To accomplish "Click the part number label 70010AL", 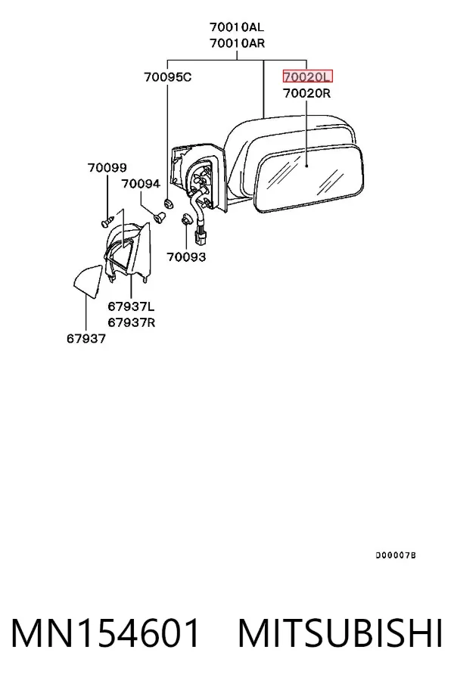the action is pos(237,27).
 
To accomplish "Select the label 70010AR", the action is pos(237,43).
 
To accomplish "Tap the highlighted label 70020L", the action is pos(307,77).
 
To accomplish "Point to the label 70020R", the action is pos(306,93).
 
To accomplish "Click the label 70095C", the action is pos(168,77).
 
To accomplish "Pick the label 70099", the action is pos(107,168).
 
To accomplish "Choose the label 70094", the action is pos(141,184).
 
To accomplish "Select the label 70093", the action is pos(186,256).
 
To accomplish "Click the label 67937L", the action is pos(131,306).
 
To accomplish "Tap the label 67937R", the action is pos(132,322).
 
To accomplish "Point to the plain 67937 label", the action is pos(86,339).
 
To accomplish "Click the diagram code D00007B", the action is pos(396,555).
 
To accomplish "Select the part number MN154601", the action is pos(106,633).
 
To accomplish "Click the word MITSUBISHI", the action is pos(340,633).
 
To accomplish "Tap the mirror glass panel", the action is pos(309,179).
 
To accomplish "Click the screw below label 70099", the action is pos(107,220).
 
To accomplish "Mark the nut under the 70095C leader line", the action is pos(168,204).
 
